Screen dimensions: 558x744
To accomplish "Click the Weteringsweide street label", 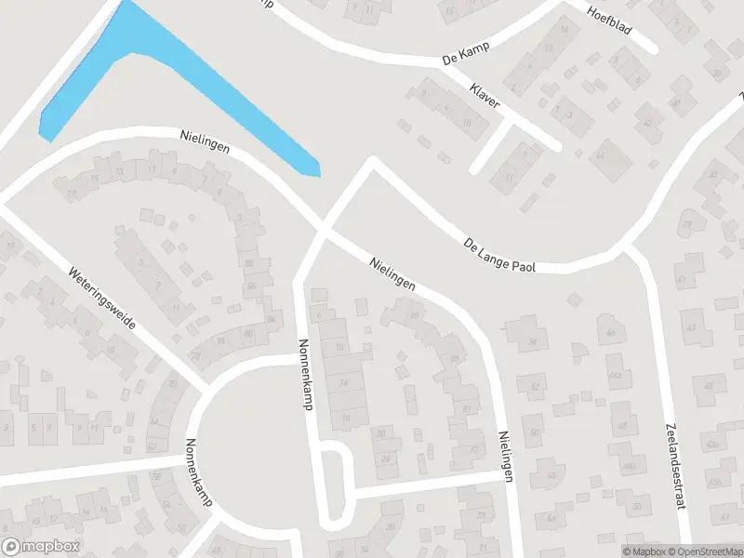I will click(102, 299).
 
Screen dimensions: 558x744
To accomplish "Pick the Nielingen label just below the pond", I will click(206, 144).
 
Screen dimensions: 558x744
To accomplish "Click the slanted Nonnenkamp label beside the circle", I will click(199, 472).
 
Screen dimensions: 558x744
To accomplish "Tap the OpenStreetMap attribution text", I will click(704, 551).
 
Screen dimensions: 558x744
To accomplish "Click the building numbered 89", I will click(414, 315).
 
